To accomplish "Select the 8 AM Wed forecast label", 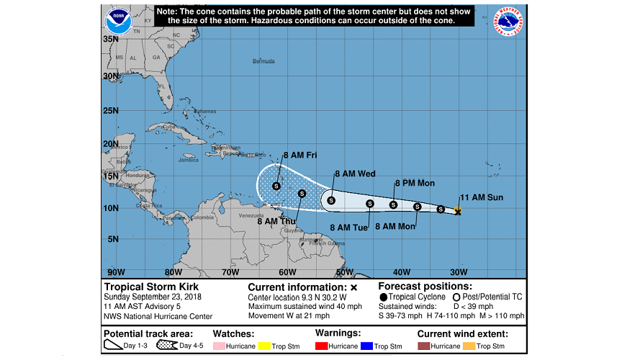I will [x=354, y=174].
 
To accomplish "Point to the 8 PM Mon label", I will [x=414, y=184].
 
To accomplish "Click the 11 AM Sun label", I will [x=482, y=197].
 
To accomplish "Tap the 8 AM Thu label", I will [x=277, y=221].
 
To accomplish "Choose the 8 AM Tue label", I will [x=349, y=228].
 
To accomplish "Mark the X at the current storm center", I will [x=458, y=212].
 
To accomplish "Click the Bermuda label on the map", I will [x=263, y=61].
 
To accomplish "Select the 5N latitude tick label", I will [x=112, y=239].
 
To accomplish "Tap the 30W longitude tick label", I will [x=459, y=272].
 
